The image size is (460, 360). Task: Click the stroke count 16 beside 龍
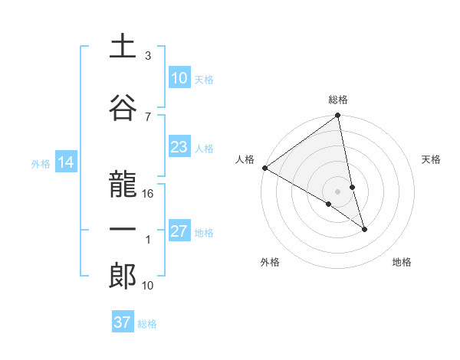[149, 193]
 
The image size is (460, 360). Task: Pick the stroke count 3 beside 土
[148, 56]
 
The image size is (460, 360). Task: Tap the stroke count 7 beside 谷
[148, 116]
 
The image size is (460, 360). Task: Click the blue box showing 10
[179, 77]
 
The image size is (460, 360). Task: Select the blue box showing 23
[179, 147]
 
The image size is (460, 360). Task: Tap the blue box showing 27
[179, 232]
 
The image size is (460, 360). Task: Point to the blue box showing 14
[65, 162]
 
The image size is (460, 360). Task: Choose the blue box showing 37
[122, 322]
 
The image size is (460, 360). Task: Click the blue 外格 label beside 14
[41, 164]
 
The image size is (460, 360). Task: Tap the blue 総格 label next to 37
[147, 324]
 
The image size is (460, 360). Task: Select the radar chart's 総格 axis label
[338, 100]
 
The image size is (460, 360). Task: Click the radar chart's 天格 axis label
[431, 159]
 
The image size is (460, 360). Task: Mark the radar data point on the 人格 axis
[264, 168]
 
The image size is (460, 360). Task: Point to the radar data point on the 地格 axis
[364, 229]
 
